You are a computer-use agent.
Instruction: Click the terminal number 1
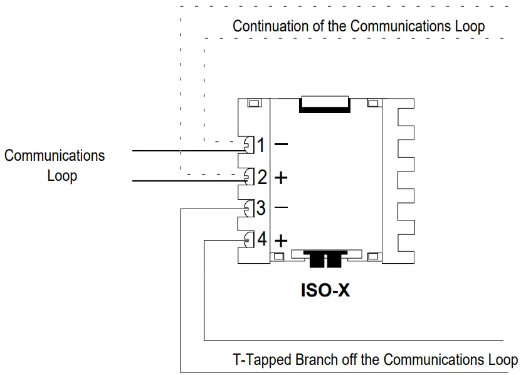pos(261,146)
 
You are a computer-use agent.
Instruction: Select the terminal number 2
pos(262,177)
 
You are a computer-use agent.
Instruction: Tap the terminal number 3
pos(261,208)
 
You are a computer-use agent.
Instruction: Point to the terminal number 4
pos(262,239)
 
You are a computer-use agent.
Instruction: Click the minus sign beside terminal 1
pos(282,144)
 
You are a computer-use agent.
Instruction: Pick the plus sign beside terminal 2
pos(282,178)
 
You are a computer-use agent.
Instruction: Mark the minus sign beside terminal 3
pos(282,207)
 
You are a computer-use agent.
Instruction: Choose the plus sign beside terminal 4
pos(282,240)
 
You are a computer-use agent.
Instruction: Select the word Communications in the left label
pos(55,155)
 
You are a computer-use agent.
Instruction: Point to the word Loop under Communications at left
pos(62,175)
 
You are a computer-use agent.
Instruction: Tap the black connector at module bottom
pos(324,258)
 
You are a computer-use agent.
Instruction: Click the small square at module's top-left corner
pos(254,104)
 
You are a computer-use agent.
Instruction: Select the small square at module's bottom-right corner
pos(373,256)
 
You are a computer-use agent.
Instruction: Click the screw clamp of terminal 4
pos(249,239)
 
